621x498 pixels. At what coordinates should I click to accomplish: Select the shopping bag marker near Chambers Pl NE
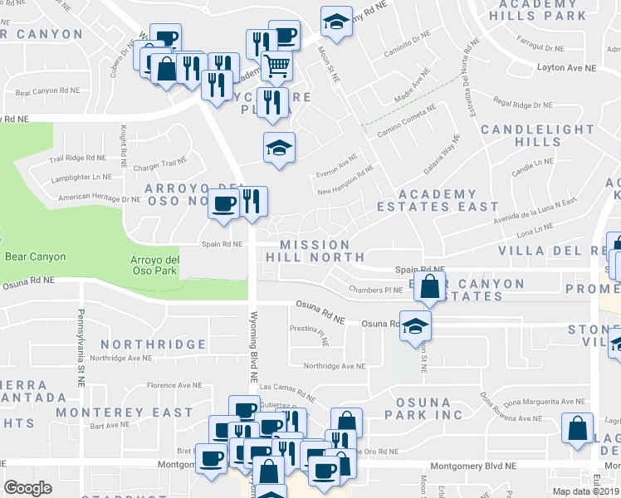tap(429, 288)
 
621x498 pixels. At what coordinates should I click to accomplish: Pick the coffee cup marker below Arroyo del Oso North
tap(223, 203)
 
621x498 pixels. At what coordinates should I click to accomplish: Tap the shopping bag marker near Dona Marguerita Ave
tap(577, 428)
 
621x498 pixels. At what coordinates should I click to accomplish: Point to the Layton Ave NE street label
tap(567, 67)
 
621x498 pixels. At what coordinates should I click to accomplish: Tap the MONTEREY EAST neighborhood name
tap(125, 412)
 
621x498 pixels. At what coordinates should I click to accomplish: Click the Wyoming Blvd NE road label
tap(254, 347)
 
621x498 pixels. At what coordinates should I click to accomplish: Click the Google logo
tap(27, 488)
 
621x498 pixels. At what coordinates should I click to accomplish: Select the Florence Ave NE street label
tap(175, 385)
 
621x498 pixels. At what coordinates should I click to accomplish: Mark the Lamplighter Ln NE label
tap(81, 177)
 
